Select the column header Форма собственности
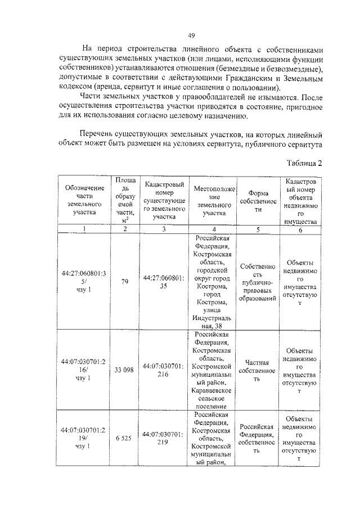coord(258,201)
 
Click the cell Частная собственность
coord(258,371)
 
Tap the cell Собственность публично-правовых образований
coord(258,282)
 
